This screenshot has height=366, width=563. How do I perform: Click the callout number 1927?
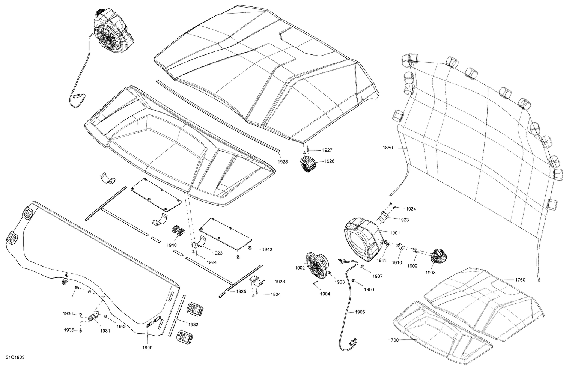coord(327,150)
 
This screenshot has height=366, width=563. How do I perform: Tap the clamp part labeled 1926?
coord(308,164)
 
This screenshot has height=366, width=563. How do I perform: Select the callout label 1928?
coord(283,162)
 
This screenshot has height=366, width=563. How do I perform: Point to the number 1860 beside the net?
coord(388,148)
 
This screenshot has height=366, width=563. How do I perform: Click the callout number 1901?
coord(394,233)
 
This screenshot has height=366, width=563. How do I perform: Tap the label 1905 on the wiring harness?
coord(360,312)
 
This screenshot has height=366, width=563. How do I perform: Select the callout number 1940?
coord(172,245)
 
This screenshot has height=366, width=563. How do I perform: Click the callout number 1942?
coord(267,250)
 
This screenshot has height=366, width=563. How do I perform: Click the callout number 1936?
coord(68,313)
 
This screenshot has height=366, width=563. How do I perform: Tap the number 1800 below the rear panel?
coord(147,348)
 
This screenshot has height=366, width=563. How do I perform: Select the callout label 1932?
coord(193,324)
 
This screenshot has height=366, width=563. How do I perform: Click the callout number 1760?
coord(520,280)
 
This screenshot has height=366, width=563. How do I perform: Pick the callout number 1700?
coord(394,340)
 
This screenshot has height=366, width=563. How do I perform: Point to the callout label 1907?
coord(378,276)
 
